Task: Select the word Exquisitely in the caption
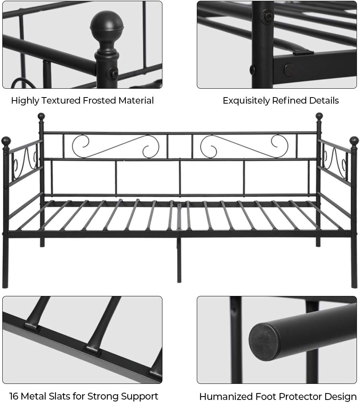click(x=246, y=101)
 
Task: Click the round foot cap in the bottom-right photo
click(x=265, y=342)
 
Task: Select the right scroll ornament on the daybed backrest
click(x=244, y=146)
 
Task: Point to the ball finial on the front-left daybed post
click(x=6, y=141)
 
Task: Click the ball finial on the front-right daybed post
click(x=354, y=141)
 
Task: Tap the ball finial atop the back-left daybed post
click(x=41, y=116)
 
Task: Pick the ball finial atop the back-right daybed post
click(x=319, y=116)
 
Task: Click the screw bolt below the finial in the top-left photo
click(x=114, y=73)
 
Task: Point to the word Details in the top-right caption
click(x=325, y=101)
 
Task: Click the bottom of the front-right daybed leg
click(x=354, y=285)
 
